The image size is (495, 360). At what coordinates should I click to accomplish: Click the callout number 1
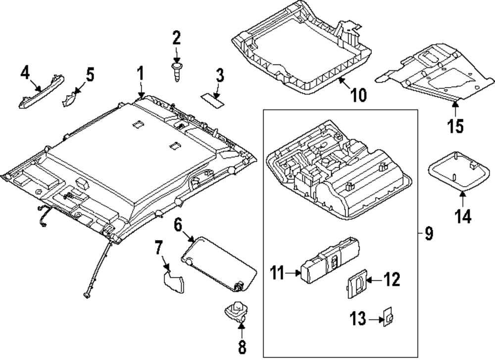click(x=141, y=75)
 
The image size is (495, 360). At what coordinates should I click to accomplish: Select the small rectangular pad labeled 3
click(x=212, y=99)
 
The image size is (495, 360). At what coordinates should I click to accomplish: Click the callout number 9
click(x=429, y=233)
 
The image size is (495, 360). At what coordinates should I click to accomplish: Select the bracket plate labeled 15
click(x=431, y=72)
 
